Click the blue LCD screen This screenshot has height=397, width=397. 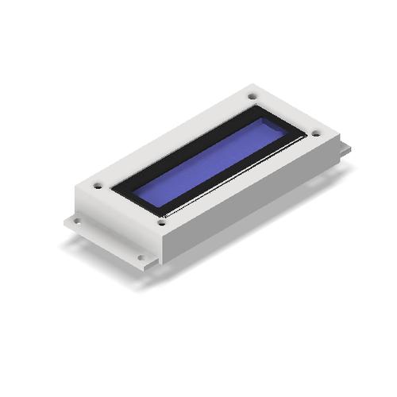point(210,164)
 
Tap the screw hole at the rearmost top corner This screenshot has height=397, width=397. point(252,96)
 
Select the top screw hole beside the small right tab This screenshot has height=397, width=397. point(316,133)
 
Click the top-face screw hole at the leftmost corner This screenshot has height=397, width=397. point(98,186)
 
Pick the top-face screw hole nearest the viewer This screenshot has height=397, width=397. point(161,223)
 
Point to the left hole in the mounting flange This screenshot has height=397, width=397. point(77,221)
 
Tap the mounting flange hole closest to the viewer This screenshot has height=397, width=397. point(141,257)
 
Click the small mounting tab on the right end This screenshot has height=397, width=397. point(344,148)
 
